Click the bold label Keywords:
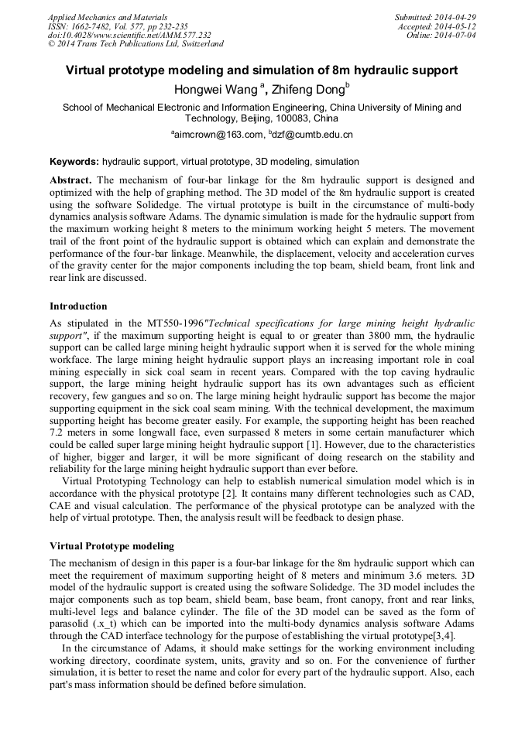(74, 162)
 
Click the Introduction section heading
(78, 306)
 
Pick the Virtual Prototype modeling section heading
(112, 546)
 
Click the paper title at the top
(262, 70)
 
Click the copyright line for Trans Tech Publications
(135, 44)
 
